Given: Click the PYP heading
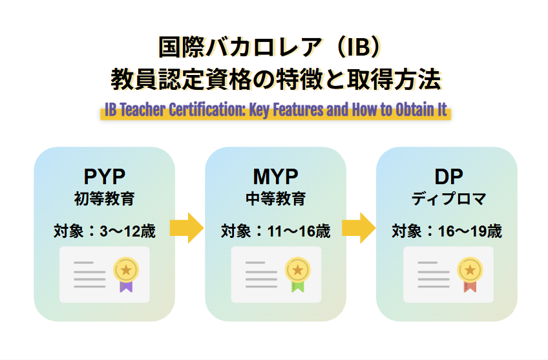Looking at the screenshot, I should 104,176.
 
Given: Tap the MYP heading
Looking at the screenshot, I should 275,176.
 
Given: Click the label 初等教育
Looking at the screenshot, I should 104,198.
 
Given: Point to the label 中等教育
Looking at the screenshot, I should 275,198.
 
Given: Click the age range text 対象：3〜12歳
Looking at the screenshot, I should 104,231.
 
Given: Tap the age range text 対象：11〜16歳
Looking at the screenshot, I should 275,231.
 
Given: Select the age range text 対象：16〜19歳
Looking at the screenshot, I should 447,231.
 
